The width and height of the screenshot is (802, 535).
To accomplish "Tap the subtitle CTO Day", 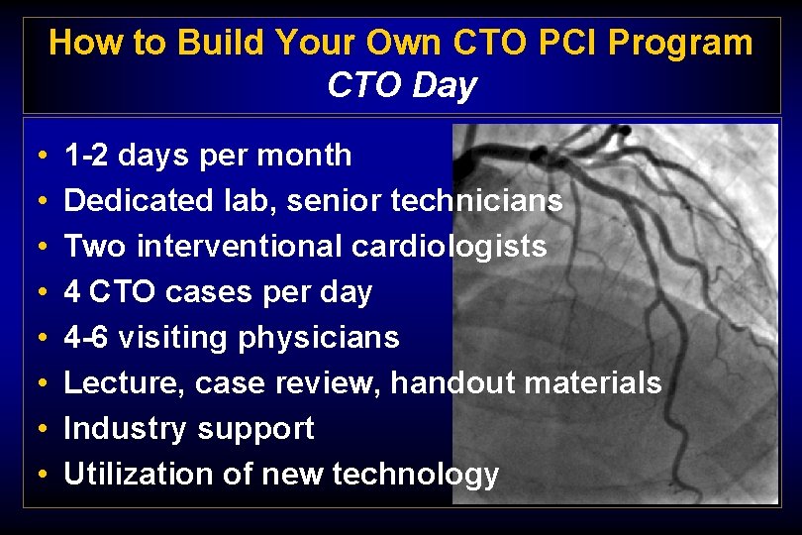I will (401, 85).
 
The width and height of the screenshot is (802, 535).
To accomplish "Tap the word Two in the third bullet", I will (95, 247).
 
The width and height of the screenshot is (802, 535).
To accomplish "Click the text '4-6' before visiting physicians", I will (85, 338).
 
